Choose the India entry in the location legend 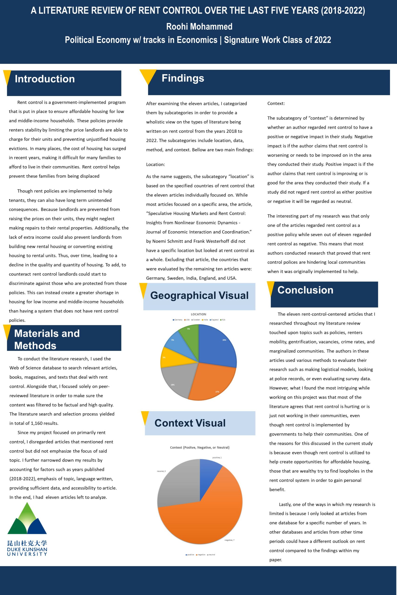pos(205,320)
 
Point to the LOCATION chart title pos(199,314)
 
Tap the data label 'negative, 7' pos(229,540)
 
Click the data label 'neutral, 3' pos(161,471)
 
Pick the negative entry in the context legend pos(201,555)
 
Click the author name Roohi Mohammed pos(199,26)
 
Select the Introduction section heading pos(45,79)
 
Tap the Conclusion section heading pos(305,290)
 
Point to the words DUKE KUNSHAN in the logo pos(27,549)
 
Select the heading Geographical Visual pos(200,295)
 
